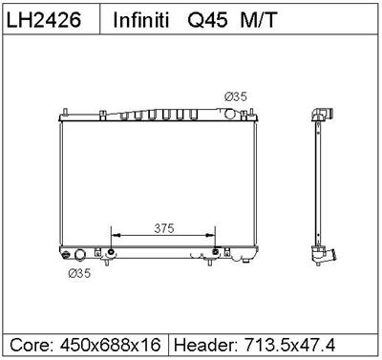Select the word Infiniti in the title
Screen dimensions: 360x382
pos(143,20)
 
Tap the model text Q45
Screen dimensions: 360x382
pos(203,20)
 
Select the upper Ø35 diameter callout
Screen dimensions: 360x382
pos(235,95)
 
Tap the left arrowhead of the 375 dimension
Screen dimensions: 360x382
pos(116,233)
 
